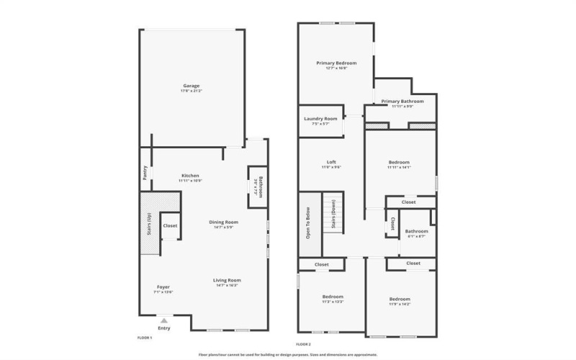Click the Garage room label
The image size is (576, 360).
click(191, 86)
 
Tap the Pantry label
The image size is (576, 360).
click(145, 173)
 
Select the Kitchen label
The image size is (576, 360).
click(190, 176)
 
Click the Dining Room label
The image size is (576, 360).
click(223, 222)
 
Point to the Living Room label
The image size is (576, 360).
click(227, 280)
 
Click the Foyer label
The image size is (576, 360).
click(163, 287)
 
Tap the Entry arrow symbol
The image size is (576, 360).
click(164, 320)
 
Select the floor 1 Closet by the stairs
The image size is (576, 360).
click(170, 226)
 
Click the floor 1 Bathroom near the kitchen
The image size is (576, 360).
click(261, 186)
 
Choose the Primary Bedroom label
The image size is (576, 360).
click(336, 63)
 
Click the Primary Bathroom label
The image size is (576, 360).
click(402, 102)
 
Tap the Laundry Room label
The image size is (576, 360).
click(320, 119)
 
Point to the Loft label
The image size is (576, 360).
click(331, 162)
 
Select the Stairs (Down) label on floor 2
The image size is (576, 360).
click(333, 213)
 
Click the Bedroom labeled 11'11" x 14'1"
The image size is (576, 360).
click(398, 162)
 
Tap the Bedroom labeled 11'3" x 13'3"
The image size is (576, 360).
click(333, 297)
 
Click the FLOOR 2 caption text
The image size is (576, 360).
click(303, 345)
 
